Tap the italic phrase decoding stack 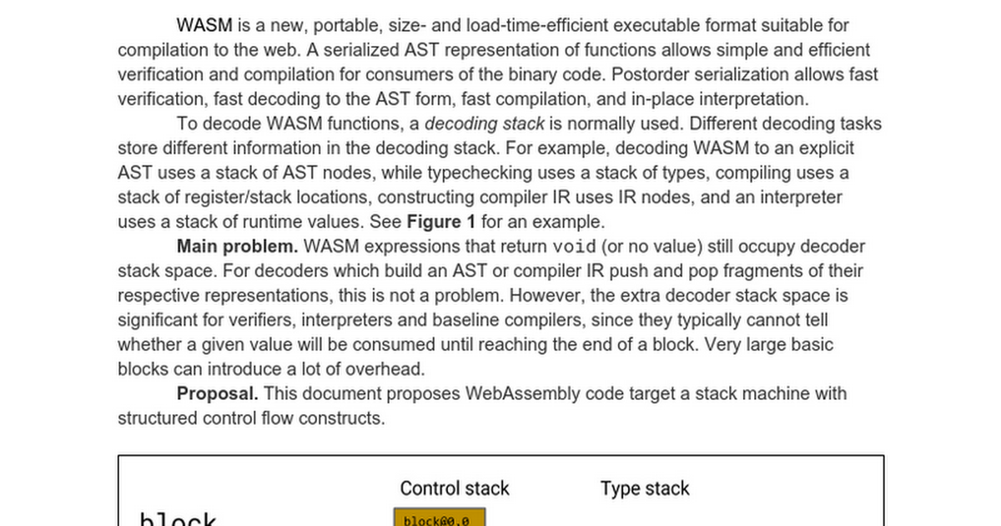pyautogui.click(x=485, y=124)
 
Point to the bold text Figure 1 pyautogui.click(x=441, y=222)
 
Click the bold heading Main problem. pyautogui.click(x=237, y=247)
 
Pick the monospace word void pyautogui.click(x=576, y=247)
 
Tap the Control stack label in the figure pyautogui.click(x=455, y=489)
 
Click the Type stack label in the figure pyautogui.click(x=645, y=489)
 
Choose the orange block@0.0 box pyautogui.click(x=439, y=519)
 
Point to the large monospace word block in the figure pyautogui.click(x=179, y=519)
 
